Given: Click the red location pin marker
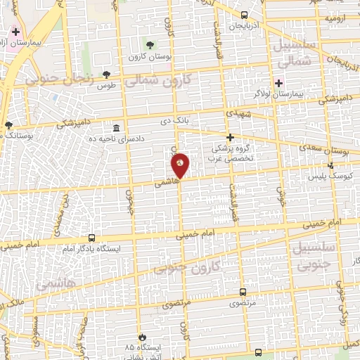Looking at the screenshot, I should (180, 166).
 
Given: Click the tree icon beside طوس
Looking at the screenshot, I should (106, 75).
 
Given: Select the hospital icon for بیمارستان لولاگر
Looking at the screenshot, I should (278, 83).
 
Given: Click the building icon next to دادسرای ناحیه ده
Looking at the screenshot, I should (116, 128).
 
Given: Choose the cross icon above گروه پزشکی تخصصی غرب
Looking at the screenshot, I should (229, 138).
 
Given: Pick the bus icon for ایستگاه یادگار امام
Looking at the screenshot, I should (91, 238).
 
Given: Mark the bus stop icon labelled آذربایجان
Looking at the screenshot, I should (243, 15).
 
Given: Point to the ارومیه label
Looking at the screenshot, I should (335, 18).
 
